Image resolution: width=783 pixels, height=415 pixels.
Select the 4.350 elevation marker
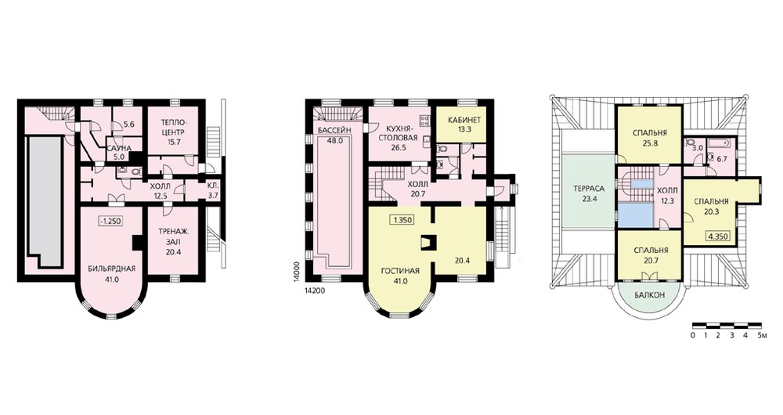[x=718, y=236]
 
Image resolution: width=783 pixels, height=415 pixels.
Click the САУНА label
[x=118, y=148]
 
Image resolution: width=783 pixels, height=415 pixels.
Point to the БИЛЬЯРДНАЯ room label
[x=111, y=268]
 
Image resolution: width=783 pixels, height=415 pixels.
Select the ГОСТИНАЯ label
[x=399, y=271]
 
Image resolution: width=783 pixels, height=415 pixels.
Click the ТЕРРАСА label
[x=589, y=189]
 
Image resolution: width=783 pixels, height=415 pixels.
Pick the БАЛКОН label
[x=650, y=295]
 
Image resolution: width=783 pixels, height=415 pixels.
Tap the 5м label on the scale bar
[x=762, y=335]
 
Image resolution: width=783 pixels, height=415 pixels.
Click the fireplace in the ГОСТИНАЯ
[x=429, y=242]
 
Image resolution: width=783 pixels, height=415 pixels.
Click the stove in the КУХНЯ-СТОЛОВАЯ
[x=425, y=121]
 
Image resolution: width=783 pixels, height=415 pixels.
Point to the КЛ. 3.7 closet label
[x=213, y=191]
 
